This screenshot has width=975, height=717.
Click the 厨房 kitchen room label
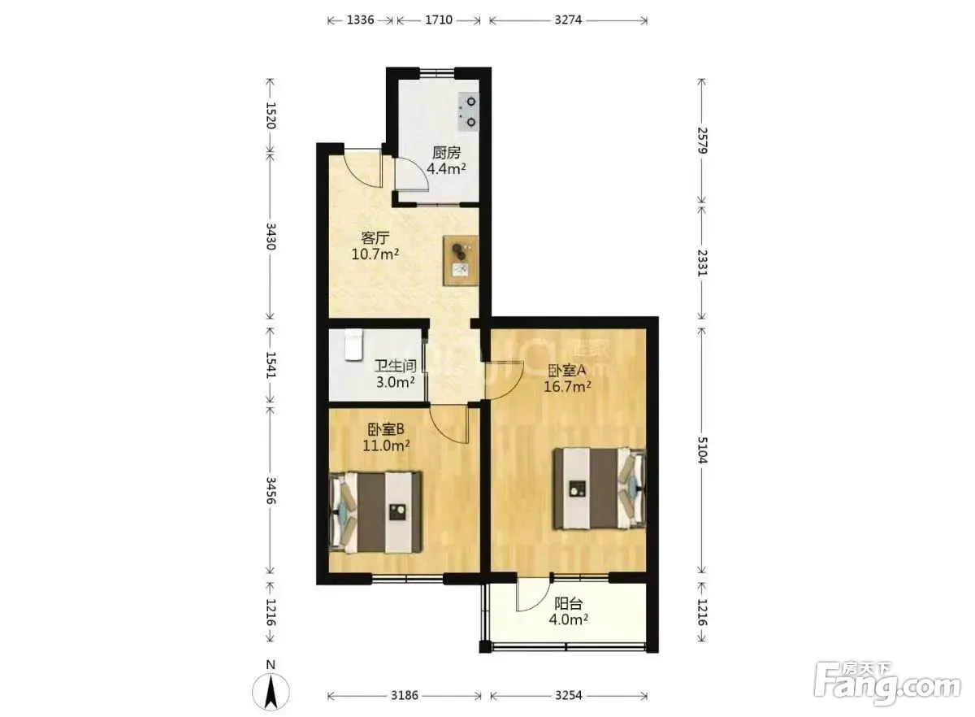tap(446, 153)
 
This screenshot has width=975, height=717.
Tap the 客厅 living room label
tap(375, 238)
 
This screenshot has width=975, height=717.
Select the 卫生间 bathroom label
tap(396, 367)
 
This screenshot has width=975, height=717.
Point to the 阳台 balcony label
tap(569, 604)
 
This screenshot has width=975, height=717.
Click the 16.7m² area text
tap(567, 386)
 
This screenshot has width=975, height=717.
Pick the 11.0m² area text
tap(386, 445)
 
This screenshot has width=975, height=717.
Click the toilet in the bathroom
tap(353, 345)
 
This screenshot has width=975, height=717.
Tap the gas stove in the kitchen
tap(468, 111)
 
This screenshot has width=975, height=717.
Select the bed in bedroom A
tap(600, 489)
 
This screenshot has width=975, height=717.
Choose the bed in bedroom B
tap(375, 512)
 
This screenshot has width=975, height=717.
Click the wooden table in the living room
tap(461, 260)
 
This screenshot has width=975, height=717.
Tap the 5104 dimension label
tap(702, 450)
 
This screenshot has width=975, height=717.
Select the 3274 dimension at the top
tap(568, 20)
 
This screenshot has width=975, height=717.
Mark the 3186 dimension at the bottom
tap(405, 695)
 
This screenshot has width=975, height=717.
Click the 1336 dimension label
tap(360, 20)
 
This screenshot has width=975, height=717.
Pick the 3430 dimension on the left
tap(271, 236)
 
